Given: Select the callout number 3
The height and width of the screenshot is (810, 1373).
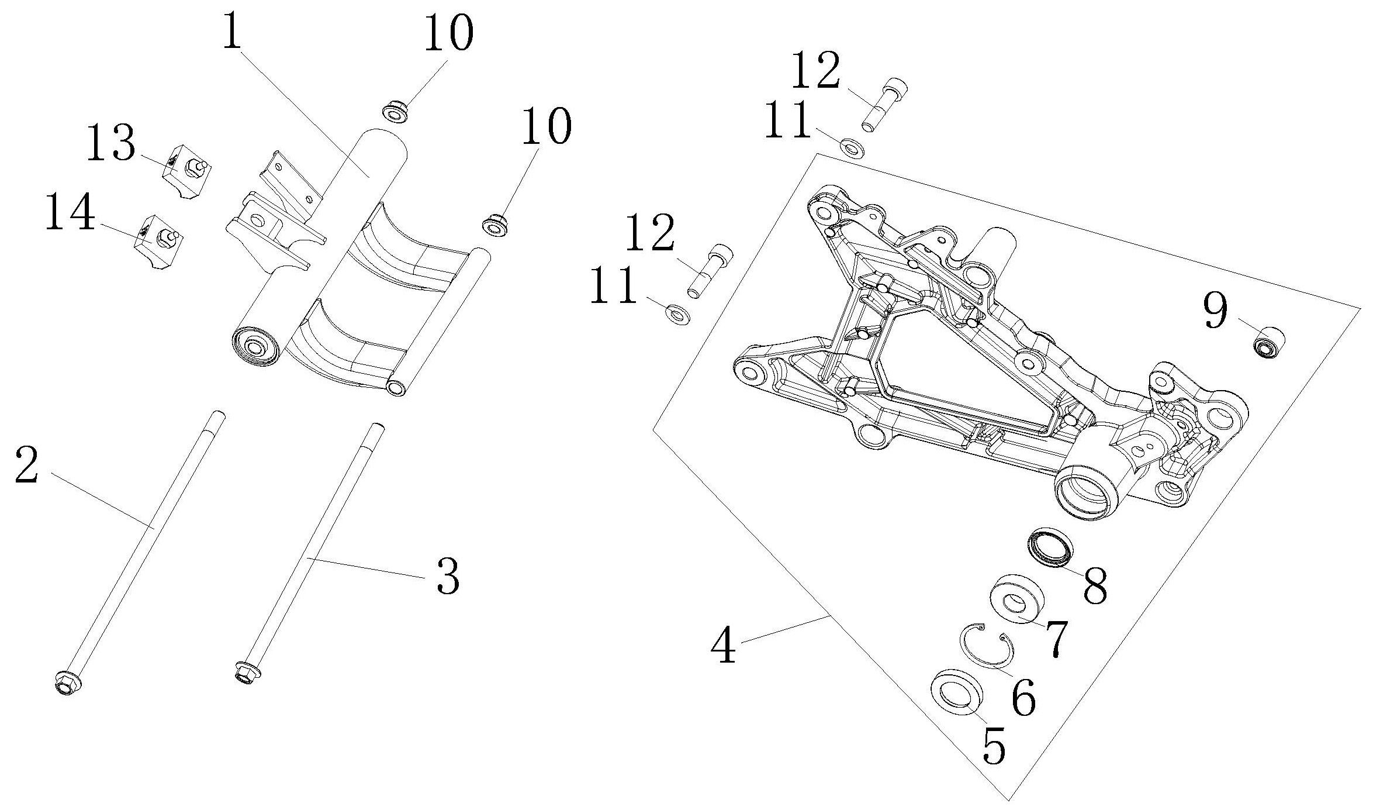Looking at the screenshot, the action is pyautogui.click(x=447, y=578).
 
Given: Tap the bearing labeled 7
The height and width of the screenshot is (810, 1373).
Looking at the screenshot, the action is pyautogui.click(x=1016, y=599).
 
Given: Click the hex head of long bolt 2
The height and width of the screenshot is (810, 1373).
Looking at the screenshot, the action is pyautogui.click(x=67, y=683).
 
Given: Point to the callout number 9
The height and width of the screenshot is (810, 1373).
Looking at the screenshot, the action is pyautogui.click(x=1215, y=311).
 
